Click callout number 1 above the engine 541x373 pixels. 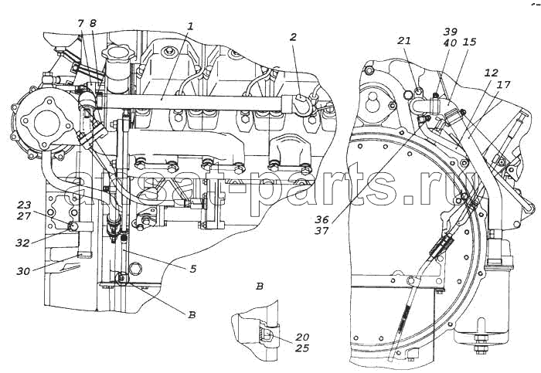(189, 25)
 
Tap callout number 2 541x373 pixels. (293, 38)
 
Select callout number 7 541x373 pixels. (81, 24)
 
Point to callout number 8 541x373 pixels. (93, 24)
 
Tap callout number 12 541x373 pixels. (491, 73)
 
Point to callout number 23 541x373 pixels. (24, 205)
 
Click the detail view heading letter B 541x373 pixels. (260, 287)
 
